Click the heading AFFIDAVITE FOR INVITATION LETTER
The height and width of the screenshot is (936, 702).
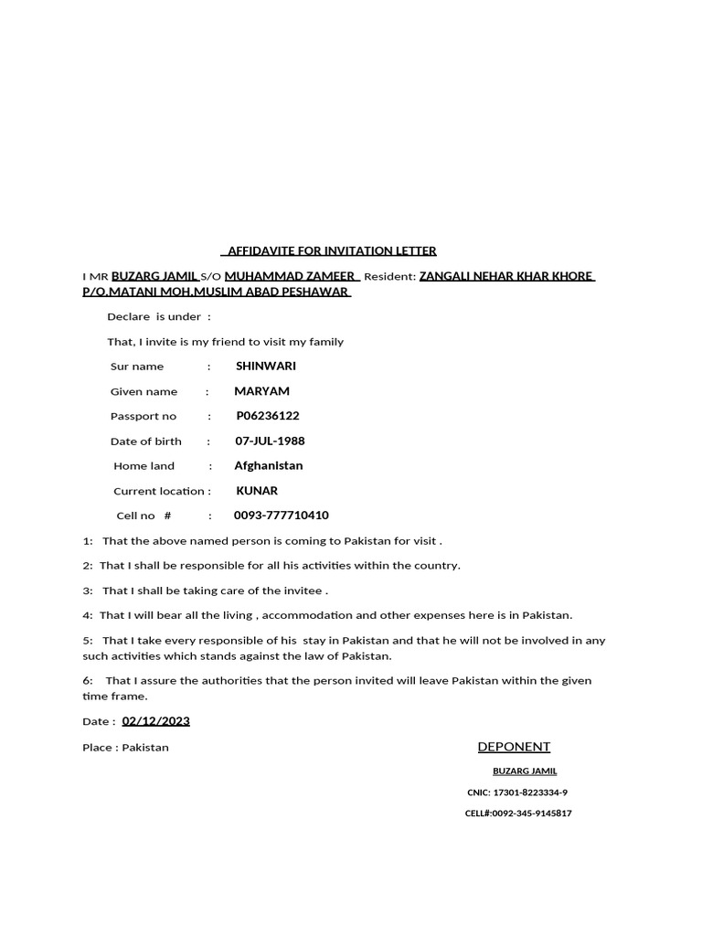tap(331, 250)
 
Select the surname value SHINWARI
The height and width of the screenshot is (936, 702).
tap(265, 366)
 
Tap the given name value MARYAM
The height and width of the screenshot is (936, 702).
tap(261, 390)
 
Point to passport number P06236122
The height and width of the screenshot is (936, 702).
tap(267, 415)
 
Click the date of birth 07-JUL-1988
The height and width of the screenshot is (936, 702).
tap(270, 441)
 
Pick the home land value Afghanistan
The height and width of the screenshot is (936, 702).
tap(268, 465)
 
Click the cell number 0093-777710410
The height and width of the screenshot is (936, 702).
tap(281, 515)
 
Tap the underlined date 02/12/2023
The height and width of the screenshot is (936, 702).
tap(155, 720)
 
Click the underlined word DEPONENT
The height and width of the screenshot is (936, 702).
tap(514, 747)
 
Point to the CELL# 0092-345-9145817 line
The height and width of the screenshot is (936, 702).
tap(518, 813)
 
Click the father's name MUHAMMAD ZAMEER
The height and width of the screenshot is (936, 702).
tap(290, 275)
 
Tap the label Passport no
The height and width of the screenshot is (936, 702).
tap(144, 416)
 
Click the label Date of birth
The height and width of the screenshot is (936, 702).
tap(146, 441)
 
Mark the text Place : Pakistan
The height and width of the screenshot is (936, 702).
tap(125, 747)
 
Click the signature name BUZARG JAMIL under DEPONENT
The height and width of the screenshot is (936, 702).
tap(525, 771)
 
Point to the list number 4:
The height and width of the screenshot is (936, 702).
tap(88, 615)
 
